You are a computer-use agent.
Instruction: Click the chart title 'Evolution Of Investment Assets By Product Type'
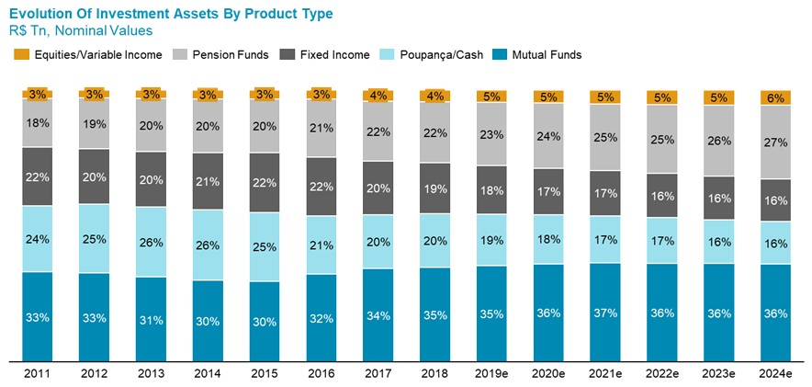point(171,14)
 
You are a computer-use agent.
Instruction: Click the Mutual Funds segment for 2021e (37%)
point(605,313)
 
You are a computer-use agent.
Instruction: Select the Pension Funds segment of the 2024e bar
point(775,142)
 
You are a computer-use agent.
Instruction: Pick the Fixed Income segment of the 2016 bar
point(321,187)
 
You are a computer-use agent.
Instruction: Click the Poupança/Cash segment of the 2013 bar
point(152,242)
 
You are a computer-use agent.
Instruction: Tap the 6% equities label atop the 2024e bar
point(775,97)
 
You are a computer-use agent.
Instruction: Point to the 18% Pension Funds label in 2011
point(38,123)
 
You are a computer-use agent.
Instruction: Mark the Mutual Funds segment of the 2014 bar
point(208,320)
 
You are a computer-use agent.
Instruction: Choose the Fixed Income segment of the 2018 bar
point(434,188)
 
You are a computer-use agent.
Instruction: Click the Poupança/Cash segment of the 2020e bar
point(548,240)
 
